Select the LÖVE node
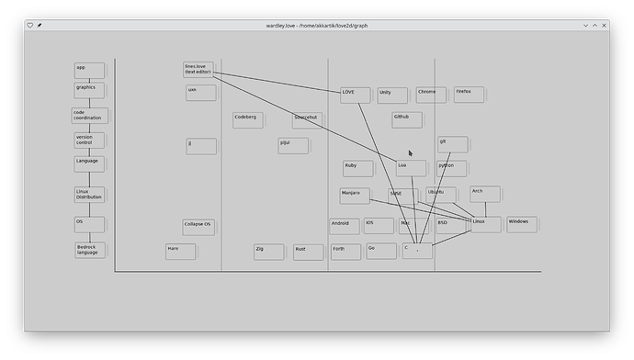click(x=355, y=95)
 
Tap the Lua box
click(x=410, y=167)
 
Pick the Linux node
click(x=485, y=224)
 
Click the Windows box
click(x=521, y=224)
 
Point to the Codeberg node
click(x=247, y=119)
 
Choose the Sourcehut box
click(x=307, y=119)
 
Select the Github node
click(x=406, y=119)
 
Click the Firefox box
click(x=468, y=95)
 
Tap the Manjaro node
click(x=354, y=196)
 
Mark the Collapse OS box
click(x=198, y=226)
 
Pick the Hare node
click(x=180, y=251)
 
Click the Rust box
click(x=307, y=251)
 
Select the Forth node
click(x=345, y=251)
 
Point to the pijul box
click(x=292, y=145)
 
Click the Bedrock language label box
click(x=89, y=250)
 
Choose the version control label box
click(x=88, y=140)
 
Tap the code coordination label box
click(x=88, y=116)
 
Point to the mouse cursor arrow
click(x=411, y=153)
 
